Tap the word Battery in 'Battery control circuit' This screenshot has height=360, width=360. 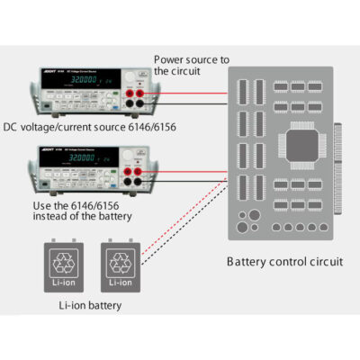[x=245, y=263]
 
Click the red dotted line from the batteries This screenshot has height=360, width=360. [x=180, y=216]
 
